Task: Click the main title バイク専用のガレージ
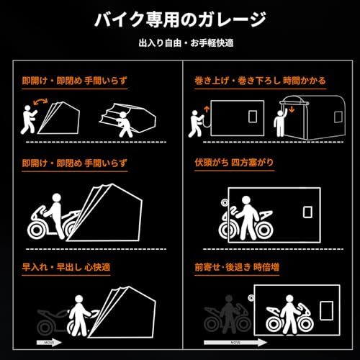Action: (x=179, y=19)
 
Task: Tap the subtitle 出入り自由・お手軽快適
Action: (x=179, y=43)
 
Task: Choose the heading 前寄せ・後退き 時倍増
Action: (x=235, y=268)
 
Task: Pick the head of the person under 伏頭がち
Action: (x=245, y=202)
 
